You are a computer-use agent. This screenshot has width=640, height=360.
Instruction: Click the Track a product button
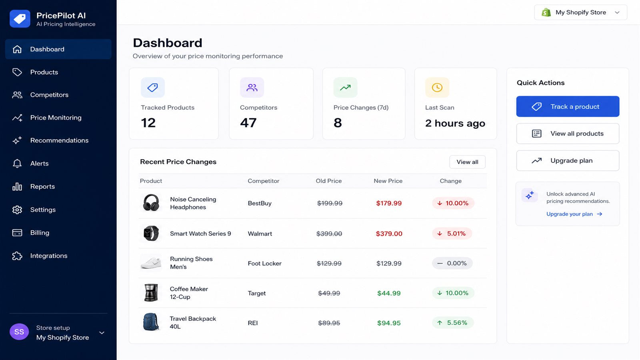pyautogui.click(x=568, y=106)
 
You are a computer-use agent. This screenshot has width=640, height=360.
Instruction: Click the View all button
pyautogui.click(x=467, y=162)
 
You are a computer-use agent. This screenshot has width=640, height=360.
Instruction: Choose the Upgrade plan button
pyautogui.click(x=568, y=160)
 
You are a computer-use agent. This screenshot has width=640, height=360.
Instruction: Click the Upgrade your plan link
pyautogui.click(x=574, y=214)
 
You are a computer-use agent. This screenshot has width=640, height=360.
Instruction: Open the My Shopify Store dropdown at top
pyautogui.click(x=580, y=12)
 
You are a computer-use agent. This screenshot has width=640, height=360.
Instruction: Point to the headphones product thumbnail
pyautogui.click(x=151, y=203)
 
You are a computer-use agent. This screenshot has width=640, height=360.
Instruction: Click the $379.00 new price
pyautogui.click(x=389, y=234)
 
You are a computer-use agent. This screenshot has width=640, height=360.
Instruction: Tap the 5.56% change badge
pyautogui.click(x=452, y=323)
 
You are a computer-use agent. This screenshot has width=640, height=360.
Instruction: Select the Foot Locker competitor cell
pyautogui.click(x=264, y=264)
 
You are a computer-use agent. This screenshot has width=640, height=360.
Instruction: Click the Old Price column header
pyautogui.click(x=328, y=181)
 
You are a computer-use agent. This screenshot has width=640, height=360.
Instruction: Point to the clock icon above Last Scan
pyautogui.click(x=437, y=88)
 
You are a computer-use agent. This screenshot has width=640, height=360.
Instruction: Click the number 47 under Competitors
pyautogui.click(x=248, y=123)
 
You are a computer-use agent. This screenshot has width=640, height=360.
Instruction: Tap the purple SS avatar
pyautogui.click(x=19, y=332)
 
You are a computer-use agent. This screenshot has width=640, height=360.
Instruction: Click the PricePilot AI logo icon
pyautogui.click(x=20, y=19)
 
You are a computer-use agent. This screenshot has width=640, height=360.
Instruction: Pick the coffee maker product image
pyautogui.click(x=151, y=292)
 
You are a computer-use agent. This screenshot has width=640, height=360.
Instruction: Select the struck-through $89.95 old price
pyautogui.click(x=329, y=323)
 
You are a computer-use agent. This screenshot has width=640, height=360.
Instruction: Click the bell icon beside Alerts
pyautogui.click(x=17, y=164)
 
